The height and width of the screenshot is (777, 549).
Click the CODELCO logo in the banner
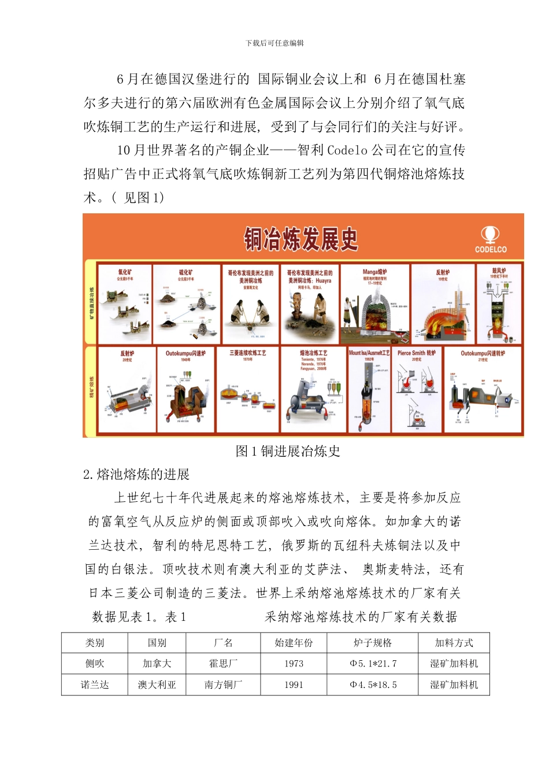click(x=491, y=239)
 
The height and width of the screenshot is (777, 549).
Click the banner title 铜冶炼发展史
click(x=301, y=239)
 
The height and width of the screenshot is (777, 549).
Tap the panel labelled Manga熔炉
click(x=375, y=304)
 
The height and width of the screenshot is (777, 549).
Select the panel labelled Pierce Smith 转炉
click(x=417, y=390)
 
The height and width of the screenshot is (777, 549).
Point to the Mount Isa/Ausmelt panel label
click(x=369, y=352)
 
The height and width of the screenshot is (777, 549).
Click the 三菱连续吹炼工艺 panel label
click(x=248, y=353)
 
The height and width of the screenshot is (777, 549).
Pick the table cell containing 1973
click(x=294, y=664)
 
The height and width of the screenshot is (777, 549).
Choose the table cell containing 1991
click(x=294, y=685)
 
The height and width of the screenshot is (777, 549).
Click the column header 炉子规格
click(x=372, y=643)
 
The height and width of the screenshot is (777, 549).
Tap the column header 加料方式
click(x=454, y=643)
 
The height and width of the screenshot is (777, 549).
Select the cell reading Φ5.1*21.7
click(x=373, y=664)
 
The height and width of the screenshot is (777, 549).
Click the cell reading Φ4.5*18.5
click(x=373, y=685)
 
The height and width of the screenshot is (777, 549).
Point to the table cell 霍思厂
click(x=223, y=664)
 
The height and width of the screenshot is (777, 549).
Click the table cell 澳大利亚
click(x=157, y=685)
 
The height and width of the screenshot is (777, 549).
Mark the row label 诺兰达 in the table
click(x=95, y=685)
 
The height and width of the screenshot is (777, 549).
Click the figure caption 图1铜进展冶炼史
click(x=288, y=452)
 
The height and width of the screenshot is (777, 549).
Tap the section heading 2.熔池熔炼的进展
click(x=136, y=475)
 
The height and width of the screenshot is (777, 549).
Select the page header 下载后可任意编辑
click(x=274, y=43)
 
